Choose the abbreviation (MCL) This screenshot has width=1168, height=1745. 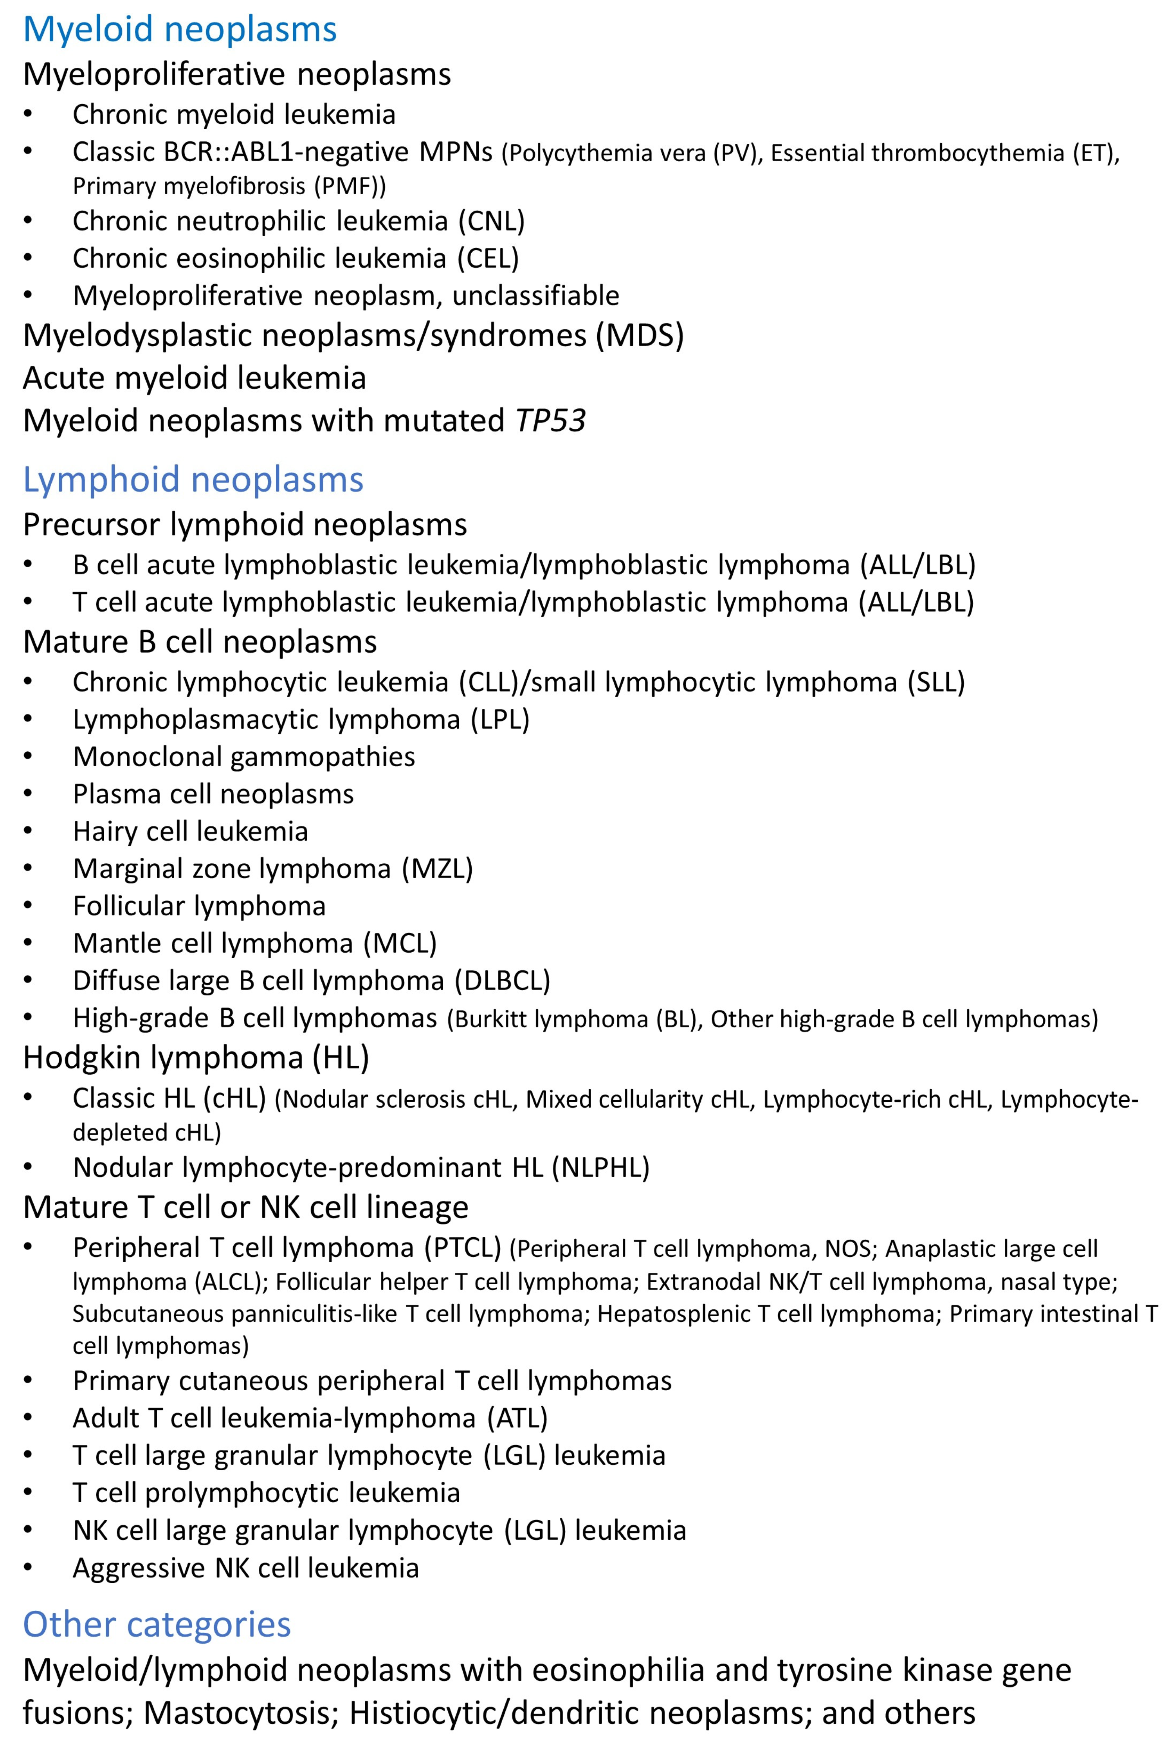click(400, 943)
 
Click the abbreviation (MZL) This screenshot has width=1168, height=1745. click(437, 869)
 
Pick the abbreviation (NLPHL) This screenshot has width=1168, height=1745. click(600, 1168)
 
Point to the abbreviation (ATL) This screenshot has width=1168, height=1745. click(518, 1418)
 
